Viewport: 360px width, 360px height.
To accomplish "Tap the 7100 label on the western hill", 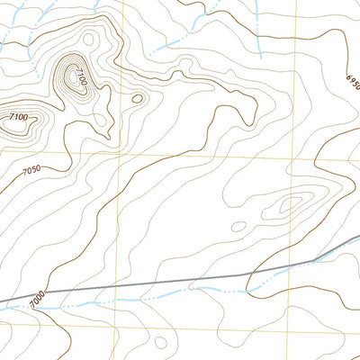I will (x=19, y=117).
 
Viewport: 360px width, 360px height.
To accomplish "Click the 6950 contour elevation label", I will (x=352, y=82).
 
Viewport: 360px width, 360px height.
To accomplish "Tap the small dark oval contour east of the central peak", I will (x=138, y=98).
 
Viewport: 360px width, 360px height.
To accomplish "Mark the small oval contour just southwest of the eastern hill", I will (x=238, y=227).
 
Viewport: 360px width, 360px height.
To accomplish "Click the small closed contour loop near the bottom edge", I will (x=160, y=342).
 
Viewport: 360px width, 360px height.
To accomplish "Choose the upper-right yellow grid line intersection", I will (x=296, y=153).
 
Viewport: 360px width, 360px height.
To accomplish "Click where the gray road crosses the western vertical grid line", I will (x=121, y=287).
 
